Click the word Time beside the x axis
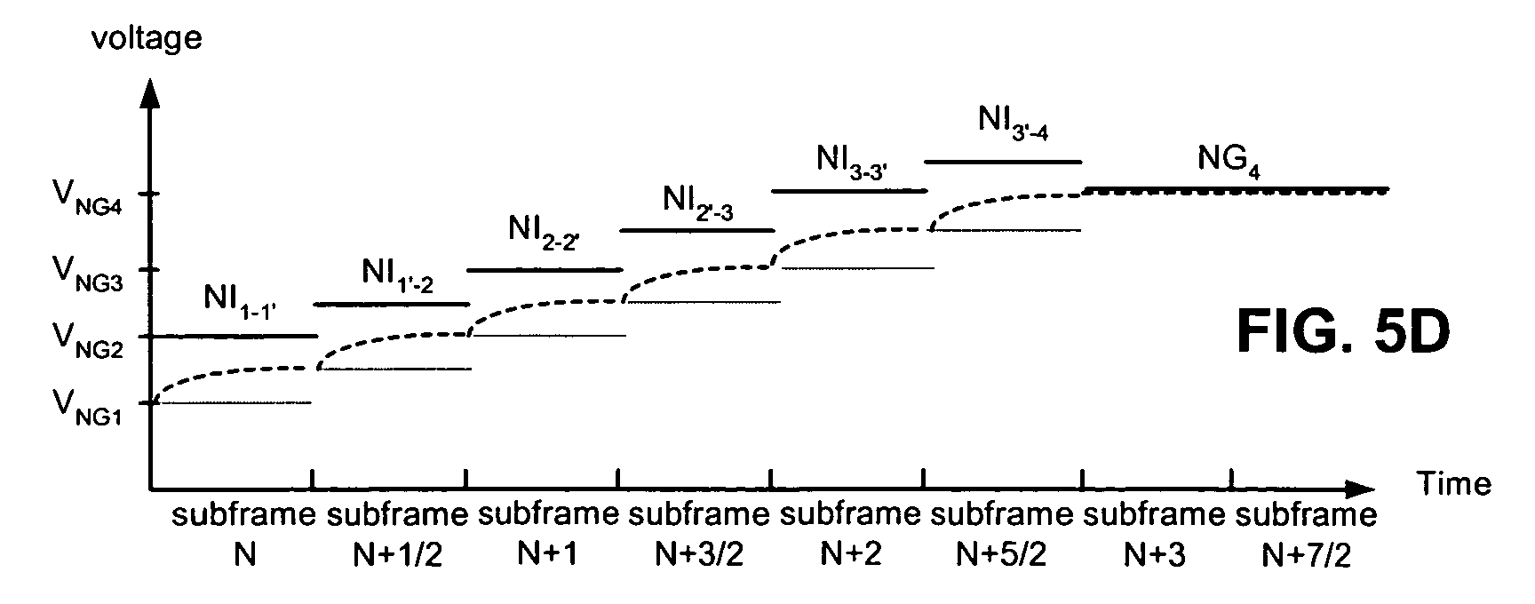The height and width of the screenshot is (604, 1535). pyautogui.click(x=1453, y=484)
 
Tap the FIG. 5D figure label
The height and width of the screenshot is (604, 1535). pyautogui.click(x=1343, y=333)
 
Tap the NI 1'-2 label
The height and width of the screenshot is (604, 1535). pyautogui.click(x=397, y=272)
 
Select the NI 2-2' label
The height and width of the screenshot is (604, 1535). pyautogui.click(x=544, y=232)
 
